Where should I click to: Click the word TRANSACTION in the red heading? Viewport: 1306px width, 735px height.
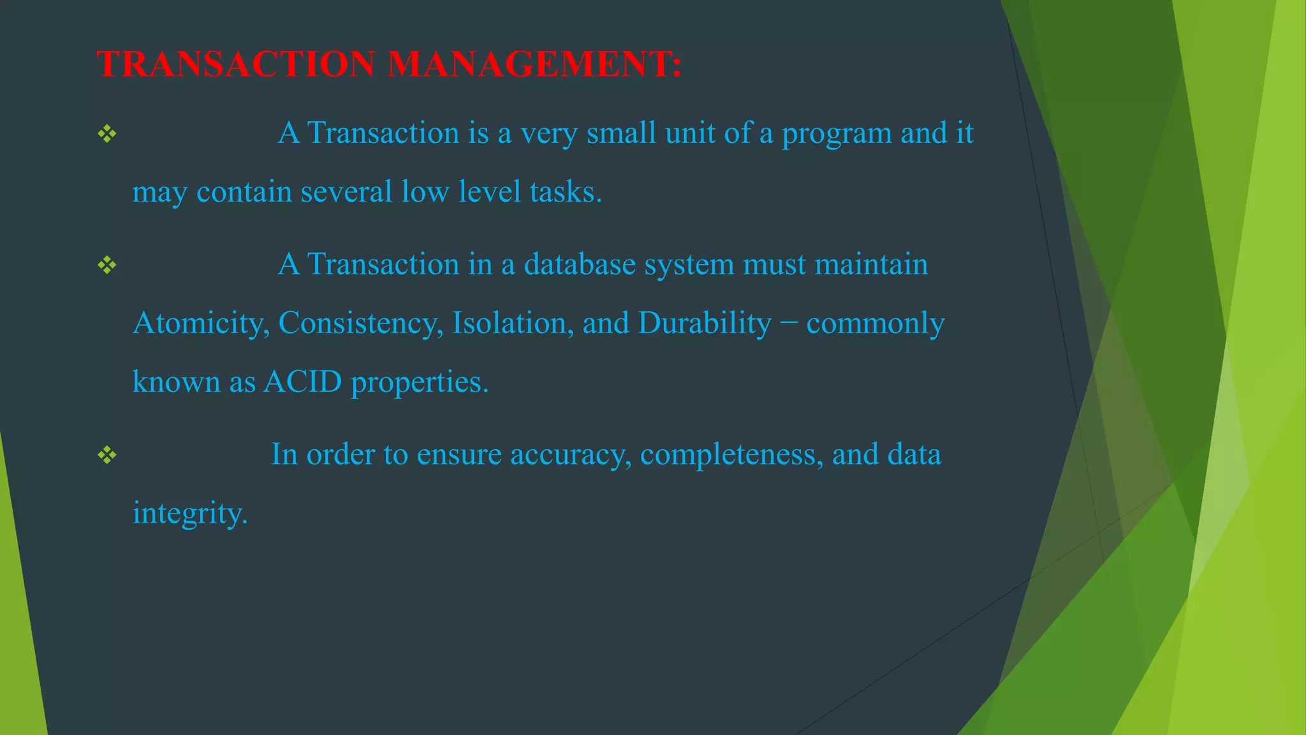(236, 64)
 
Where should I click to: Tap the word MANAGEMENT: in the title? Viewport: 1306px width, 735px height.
(534, 64)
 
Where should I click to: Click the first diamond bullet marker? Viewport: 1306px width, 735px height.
(107, 134)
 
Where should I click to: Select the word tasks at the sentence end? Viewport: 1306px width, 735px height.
(565, 191)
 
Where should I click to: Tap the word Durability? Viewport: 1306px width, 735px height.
(705, 323)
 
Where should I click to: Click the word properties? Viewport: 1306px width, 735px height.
(419, 383)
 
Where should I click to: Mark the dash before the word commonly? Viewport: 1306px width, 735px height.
(789, 323)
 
